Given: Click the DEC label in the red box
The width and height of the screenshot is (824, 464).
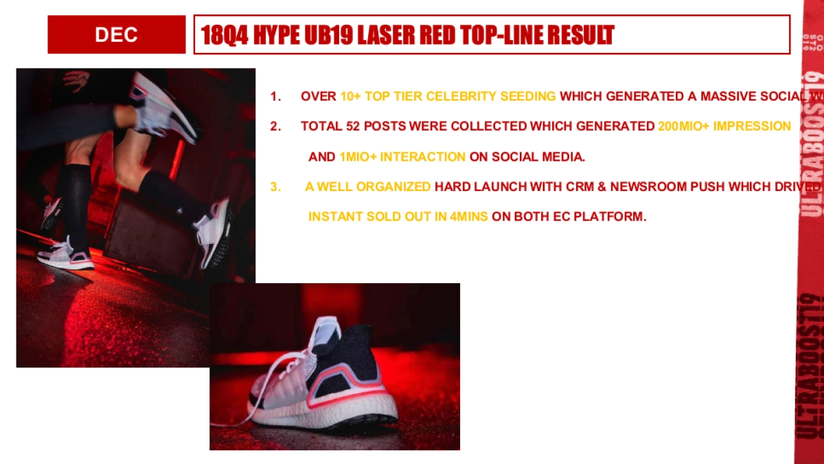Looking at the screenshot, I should pos(116,34).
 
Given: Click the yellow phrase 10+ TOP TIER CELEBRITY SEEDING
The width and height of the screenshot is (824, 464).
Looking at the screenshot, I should pos(448,96).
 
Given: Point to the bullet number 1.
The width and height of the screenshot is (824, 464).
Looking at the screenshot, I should pos(275,96).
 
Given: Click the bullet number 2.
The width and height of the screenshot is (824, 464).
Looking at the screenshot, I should pos(275,126).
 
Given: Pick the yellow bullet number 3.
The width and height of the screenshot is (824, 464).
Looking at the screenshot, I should pos(275,186).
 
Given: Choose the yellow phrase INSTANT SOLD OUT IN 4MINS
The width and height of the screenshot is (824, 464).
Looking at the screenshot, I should pos(398,217).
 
